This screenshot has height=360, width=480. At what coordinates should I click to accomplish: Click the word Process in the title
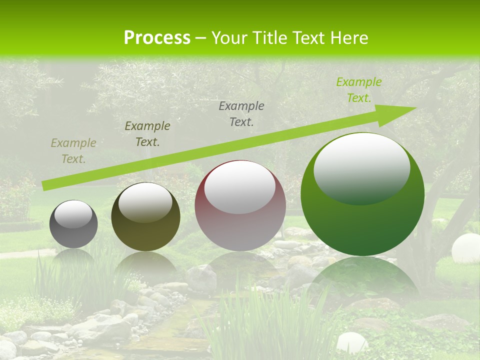[157, 37]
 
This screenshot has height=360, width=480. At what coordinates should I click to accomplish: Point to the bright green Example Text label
[358, 90]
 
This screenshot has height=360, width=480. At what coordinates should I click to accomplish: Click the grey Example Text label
[241, 113]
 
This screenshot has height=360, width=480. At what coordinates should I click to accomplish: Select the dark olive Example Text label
[147, 133]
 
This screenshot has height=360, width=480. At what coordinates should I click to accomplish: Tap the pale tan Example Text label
[73, 150]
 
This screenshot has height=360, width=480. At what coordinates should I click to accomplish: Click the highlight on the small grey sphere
[73, 214]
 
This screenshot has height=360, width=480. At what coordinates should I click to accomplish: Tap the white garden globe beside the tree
[465, 248]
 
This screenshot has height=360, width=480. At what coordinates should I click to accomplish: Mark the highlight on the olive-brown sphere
[145, 202]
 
